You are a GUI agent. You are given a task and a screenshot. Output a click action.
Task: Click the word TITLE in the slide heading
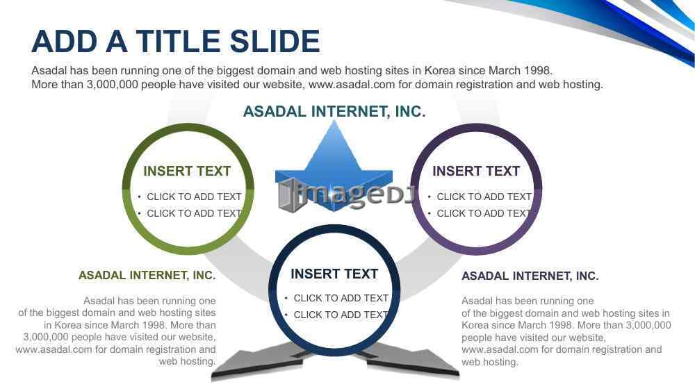178,41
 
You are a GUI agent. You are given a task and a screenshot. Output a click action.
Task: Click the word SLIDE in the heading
275,41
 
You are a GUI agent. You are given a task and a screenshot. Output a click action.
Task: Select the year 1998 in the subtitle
538,70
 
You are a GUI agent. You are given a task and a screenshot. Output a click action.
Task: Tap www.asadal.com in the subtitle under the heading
352,84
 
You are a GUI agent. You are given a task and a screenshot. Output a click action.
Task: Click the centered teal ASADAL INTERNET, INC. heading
334,112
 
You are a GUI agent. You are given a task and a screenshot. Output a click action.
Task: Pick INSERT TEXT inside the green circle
187,171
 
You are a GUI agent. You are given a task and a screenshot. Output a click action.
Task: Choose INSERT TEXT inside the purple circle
476,171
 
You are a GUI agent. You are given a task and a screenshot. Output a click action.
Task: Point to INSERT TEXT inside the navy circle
334,274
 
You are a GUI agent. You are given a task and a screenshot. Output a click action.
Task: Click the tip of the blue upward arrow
334,120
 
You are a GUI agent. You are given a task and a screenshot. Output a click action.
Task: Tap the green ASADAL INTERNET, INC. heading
147,276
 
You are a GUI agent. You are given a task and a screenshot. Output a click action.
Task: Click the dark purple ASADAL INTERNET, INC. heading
530,276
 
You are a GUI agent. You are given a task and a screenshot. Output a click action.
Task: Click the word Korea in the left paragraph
68,325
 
